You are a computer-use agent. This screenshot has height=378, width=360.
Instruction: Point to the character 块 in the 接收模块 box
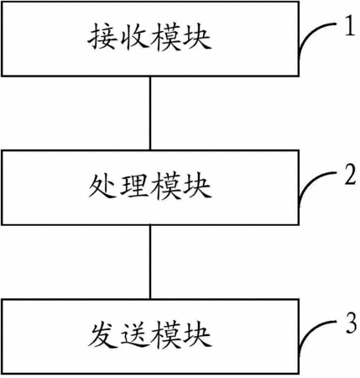pos(196,37)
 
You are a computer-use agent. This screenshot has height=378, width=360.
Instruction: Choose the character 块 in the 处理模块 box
pos(196,186)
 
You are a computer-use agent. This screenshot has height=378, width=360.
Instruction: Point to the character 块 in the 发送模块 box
pos(196,335)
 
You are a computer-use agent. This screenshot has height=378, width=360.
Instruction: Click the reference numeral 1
pos(350,25)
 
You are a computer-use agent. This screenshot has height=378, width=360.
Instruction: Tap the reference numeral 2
pos(350,175)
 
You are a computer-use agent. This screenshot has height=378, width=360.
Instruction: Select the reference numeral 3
pos(351,323)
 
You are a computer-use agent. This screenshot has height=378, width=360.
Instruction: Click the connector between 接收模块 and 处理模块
pos(150,113)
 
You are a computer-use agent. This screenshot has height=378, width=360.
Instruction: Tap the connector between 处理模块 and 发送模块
pos(150,262)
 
